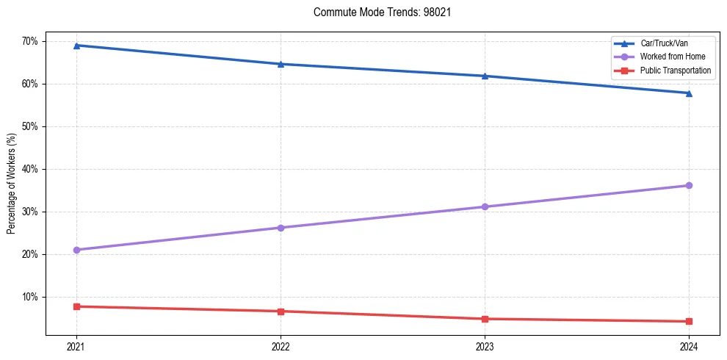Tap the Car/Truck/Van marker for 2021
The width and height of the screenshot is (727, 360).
click(x=76, y=46)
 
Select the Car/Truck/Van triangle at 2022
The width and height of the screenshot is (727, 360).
click(x=281, y=64)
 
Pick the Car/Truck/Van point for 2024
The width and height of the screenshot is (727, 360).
click(x=689, y=93)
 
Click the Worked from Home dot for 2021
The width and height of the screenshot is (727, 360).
click(x=76, y=250)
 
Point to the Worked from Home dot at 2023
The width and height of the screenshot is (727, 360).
click(x=485, y=206)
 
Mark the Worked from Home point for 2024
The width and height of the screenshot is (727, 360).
click(x=689, y=185)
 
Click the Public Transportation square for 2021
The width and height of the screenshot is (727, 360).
click(x=76, y=306)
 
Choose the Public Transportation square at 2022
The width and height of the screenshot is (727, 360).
click(x=281, y=312)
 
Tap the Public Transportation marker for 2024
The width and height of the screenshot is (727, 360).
click(x=689, y=321)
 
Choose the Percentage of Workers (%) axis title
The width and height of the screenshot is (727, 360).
click(x=12, y=184)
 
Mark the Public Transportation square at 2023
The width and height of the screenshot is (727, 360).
click(x=485, y=319)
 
